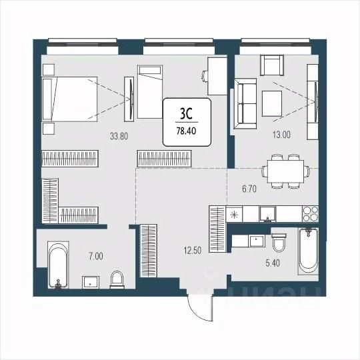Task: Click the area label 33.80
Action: [119, 137]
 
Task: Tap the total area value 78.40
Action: [186, 131]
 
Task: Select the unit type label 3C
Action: [186, 113]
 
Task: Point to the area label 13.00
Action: [281, 135]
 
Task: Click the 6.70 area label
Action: [249, 189]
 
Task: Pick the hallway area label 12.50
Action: [193, 251]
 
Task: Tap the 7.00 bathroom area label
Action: [96, 256]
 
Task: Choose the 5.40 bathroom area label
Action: [273, 263]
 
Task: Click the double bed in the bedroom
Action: [69, 99]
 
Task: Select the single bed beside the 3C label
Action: [150, 92]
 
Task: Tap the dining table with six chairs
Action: [285, 171]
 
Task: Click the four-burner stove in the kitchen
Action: [310, 214]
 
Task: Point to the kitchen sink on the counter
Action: [267, 214]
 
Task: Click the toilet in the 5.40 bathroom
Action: [279, 243]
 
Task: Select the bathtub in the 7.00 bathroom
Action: [58, 265]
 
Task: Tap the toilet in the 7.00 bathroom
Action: [117, 279]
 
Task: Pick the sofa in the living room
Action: [245, 103]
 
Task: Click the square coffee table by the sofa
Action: [272, 103]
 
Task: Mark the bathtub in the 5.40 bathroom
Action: [309, 251]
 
